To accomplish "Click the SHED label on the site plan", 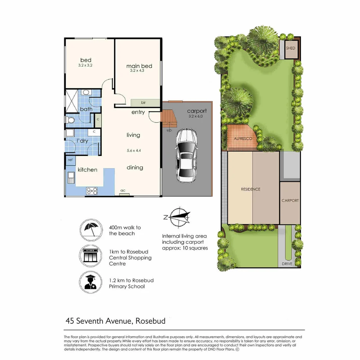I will point(291,48).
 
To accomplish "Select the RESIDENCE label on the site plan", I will point(251,189).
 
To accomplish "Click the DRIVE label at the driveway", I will point(287,264).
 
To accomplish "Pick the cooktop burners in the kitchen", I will point(92,191).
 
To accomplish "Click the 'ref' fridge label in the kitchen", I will point(70,160).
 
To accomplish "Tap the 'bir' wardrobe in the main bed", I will point(144,103).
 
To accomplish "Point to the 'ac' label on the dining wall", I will point(123,191).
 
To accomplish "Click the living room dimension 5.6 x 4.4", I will point(133,150).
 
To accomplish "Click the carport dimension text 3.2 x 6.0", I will point(195,117).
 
